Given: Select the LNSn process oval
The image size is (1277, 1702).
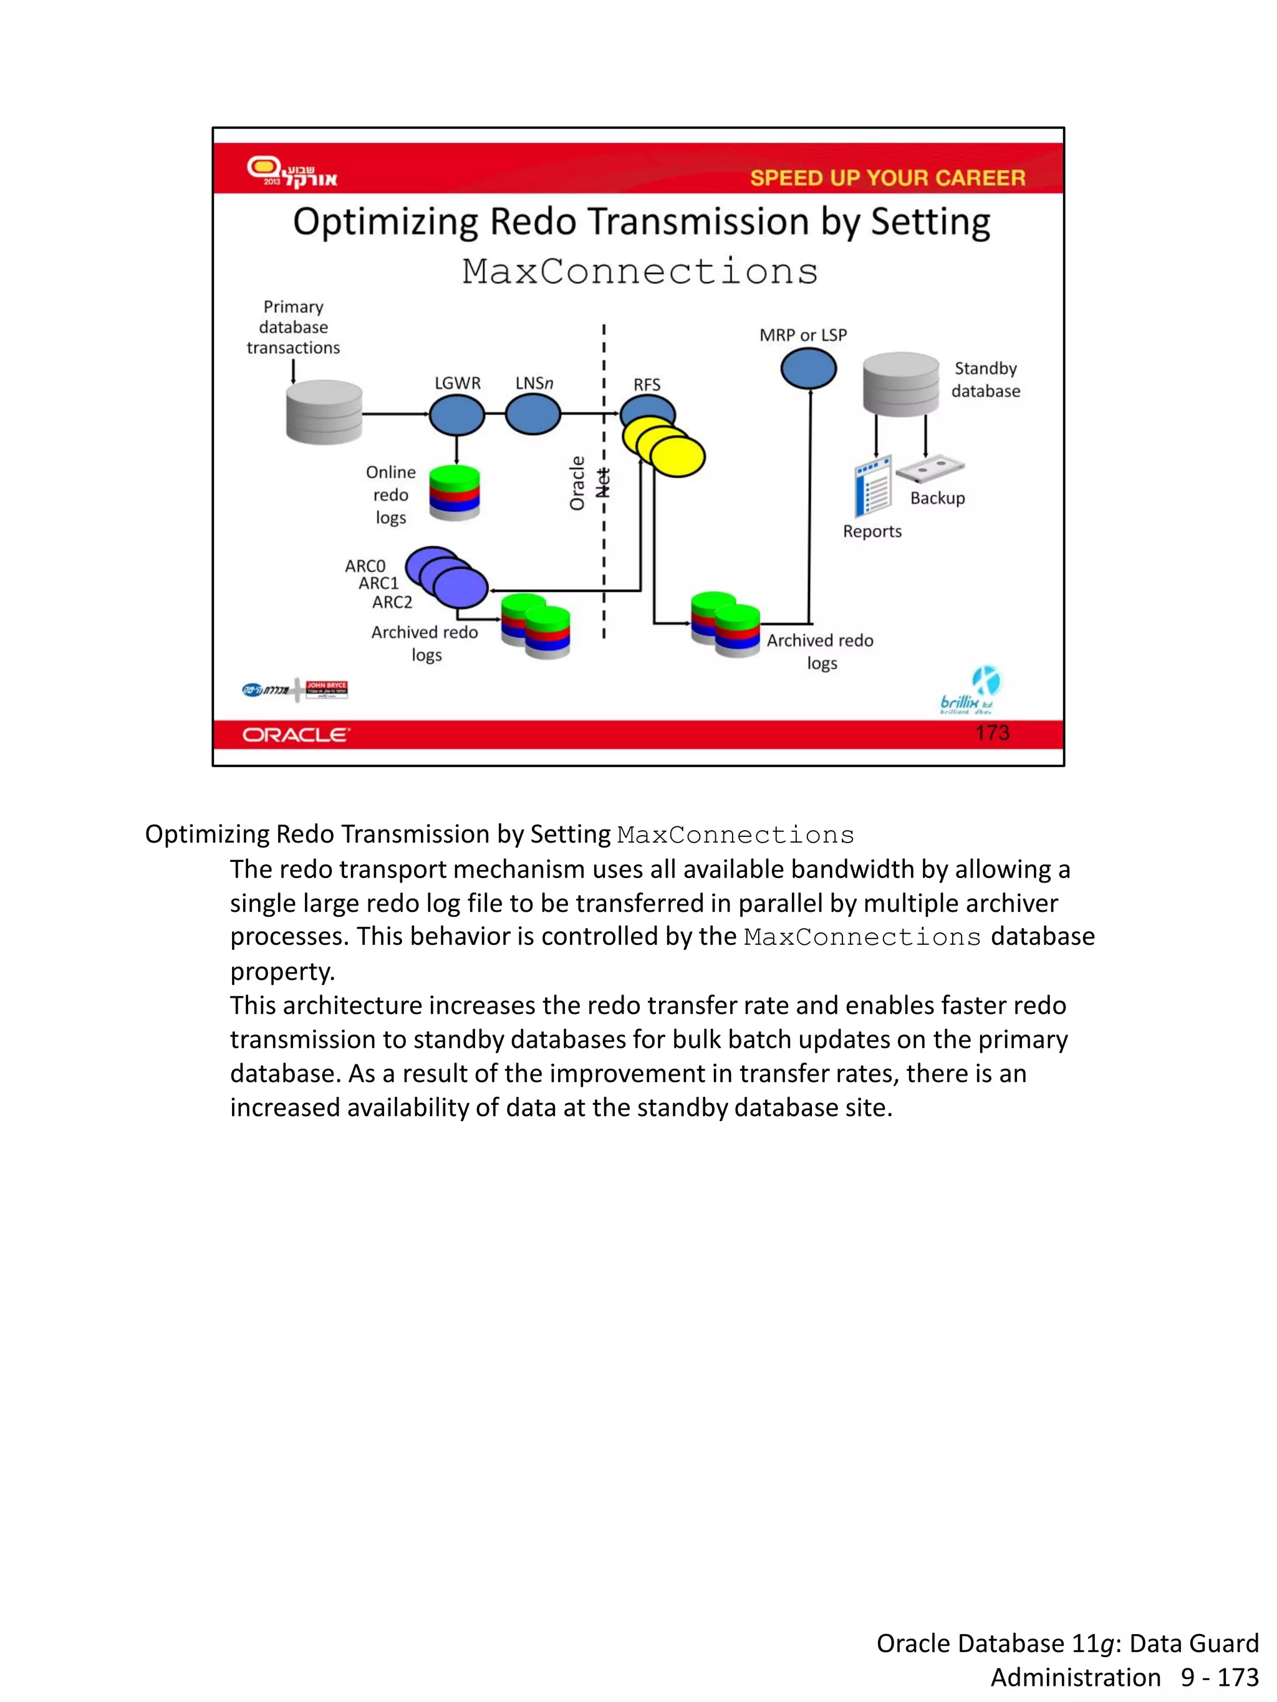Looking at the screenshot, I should click(532, 414).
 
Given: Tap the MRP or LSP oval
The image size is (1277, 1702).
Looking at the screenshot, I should click(808, 368).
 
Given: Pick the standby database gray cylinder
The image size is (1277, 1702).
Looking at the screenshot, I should click(900, 383).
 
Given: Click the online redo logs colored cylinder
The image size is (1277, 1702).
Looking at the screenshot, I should click(454, 492).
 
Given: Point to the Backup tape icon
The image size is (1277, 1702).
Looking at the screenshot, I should click(930, 469).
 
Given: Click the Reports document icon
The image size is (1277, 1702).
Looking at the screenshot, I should click(873, 485).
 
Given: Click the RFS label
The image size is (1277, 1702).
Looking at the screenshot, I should click(647, 385).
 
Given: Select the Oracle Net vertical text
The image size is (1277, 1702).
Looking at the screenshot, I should click(589, 483).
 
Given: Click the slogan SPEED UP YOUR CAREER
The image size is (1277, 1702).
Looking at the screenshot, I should click(887, 178).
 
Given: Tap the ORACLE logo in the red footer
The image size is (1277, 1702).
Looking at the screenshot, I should click(296, 735).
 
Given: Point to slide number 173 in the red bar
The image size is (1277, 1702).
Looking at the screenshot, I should click(991, 732).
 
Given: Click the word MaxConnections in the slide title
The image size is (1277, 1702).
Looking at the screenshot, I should click(640, 272).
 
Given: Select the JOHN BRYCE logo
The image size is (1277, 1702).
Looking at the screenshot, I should click(326, 689).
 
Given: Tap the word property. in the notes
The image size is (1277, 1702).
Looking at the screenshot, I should click(282, 971).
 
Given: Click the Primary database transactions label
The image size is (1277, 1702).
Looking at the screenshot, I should click(293, 327).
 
